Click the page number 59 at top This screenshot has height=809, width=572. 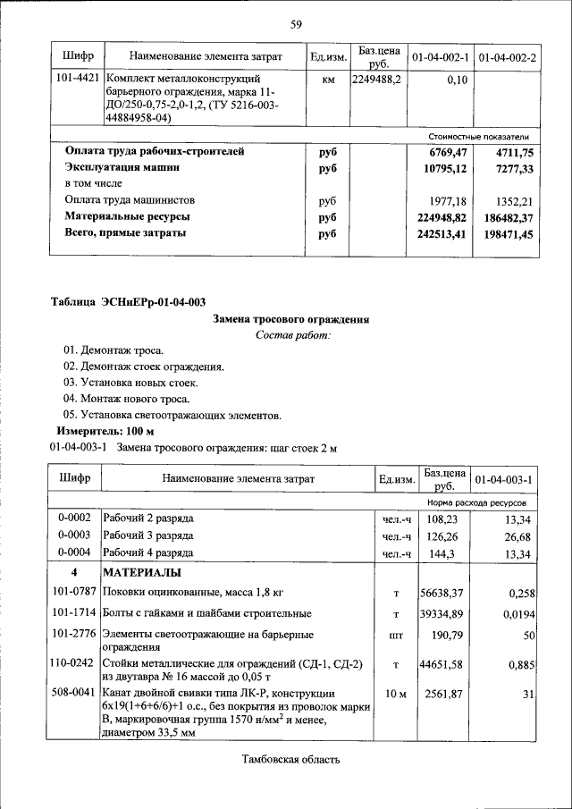click(295, 24)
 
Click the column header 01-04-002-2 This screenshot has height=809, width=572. click(507, 57)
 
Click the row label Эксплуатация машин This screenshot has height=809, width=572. click(127, 168)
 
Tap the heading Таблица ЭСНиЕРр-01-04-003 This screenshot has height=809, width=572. click(133, 301)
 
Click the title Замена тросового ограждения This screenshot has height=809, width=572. click(291, 319)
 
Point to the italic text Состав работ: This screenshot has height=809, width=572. click(292, 335)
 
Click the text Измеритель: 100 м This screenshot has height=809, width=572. click(113, 431)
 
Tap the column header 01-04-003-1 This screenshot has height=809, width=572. click(504, 480)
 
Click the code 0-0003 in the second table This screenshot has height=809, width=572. click(74, 536)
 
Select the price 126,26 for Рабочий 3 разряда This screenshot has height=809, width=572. click(442, 536)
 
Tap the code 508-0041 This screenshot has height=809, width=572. click(74, 693)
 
